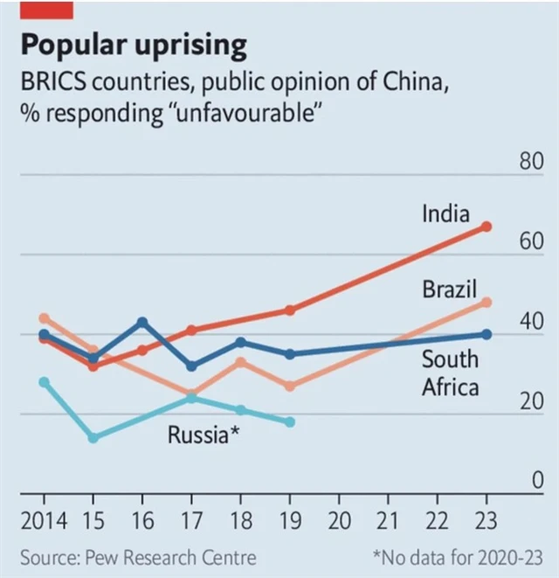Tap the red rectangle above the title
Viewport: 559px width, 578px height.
(47, 10)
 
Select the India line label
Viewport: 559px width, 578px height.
(445, 213)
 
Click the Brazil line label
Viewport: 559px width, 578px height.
(449, 289)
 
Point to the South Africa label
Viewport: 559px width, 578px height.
(450, 373)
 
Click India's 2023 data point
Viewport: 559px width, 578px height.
(487, 226)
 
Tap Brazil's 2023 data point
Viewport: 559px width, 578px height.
(487, 303)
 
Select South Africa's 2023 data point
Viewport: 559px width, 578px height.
(487, 334)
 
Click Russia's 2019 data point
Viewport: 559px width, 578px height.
(290, 422)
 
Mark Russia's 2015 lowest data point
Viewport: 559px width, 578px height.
(93, 437)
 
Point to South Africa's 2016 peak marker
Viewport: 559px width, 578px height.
(142, 323)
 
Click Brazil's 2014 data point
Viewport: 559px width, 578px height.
(45, 318)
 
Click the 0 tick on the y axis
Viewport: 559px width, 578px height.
(539, 482)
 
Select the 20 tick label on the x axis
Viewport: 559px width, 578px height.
(339, 522)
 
